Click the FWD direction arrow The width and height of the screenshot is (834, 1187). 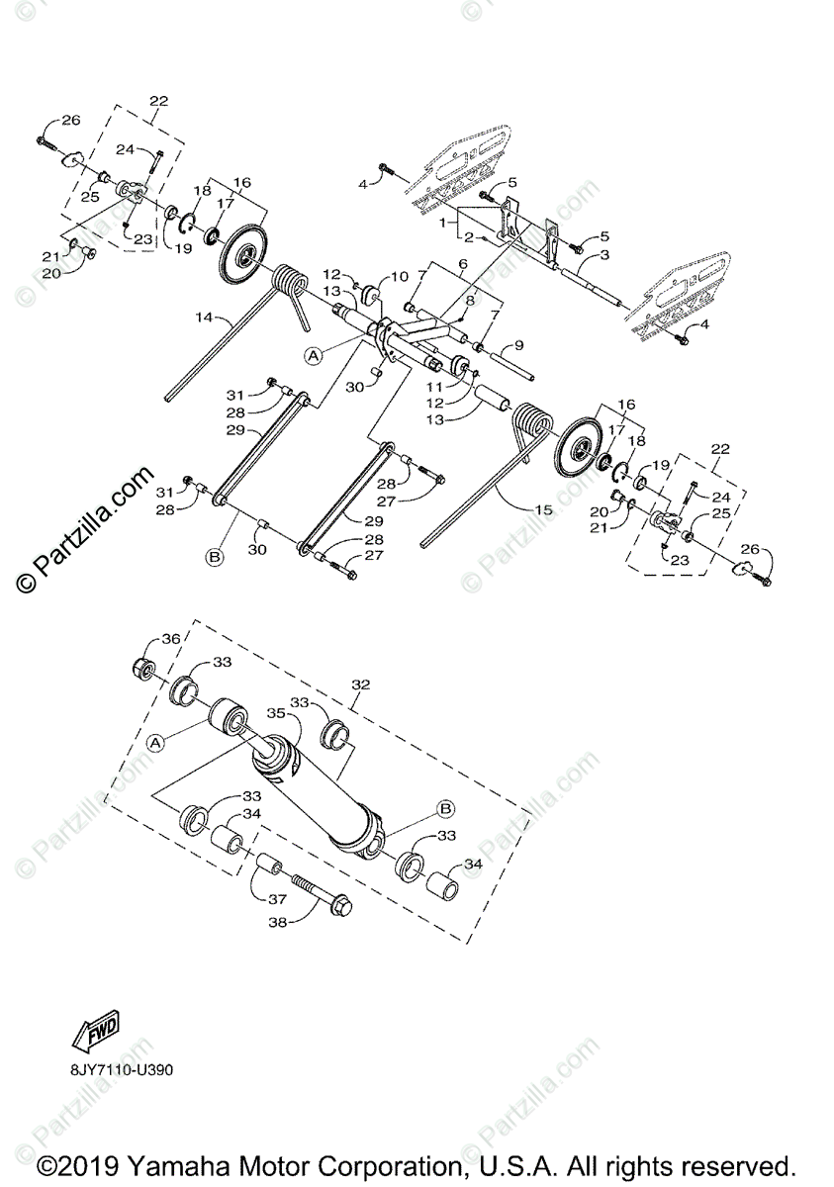pos(95,1035)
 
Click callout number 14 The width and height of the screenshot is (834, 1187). pos(204,318)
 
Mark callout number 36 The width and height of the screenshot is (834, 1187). pos(171,639)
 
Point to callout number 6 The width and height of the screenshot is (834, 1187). pos(460,264)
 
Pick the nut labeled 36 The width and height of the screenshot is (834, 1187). pos(144,670)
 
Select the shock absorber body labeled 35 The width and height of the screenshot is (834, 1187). pos(317,791)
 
